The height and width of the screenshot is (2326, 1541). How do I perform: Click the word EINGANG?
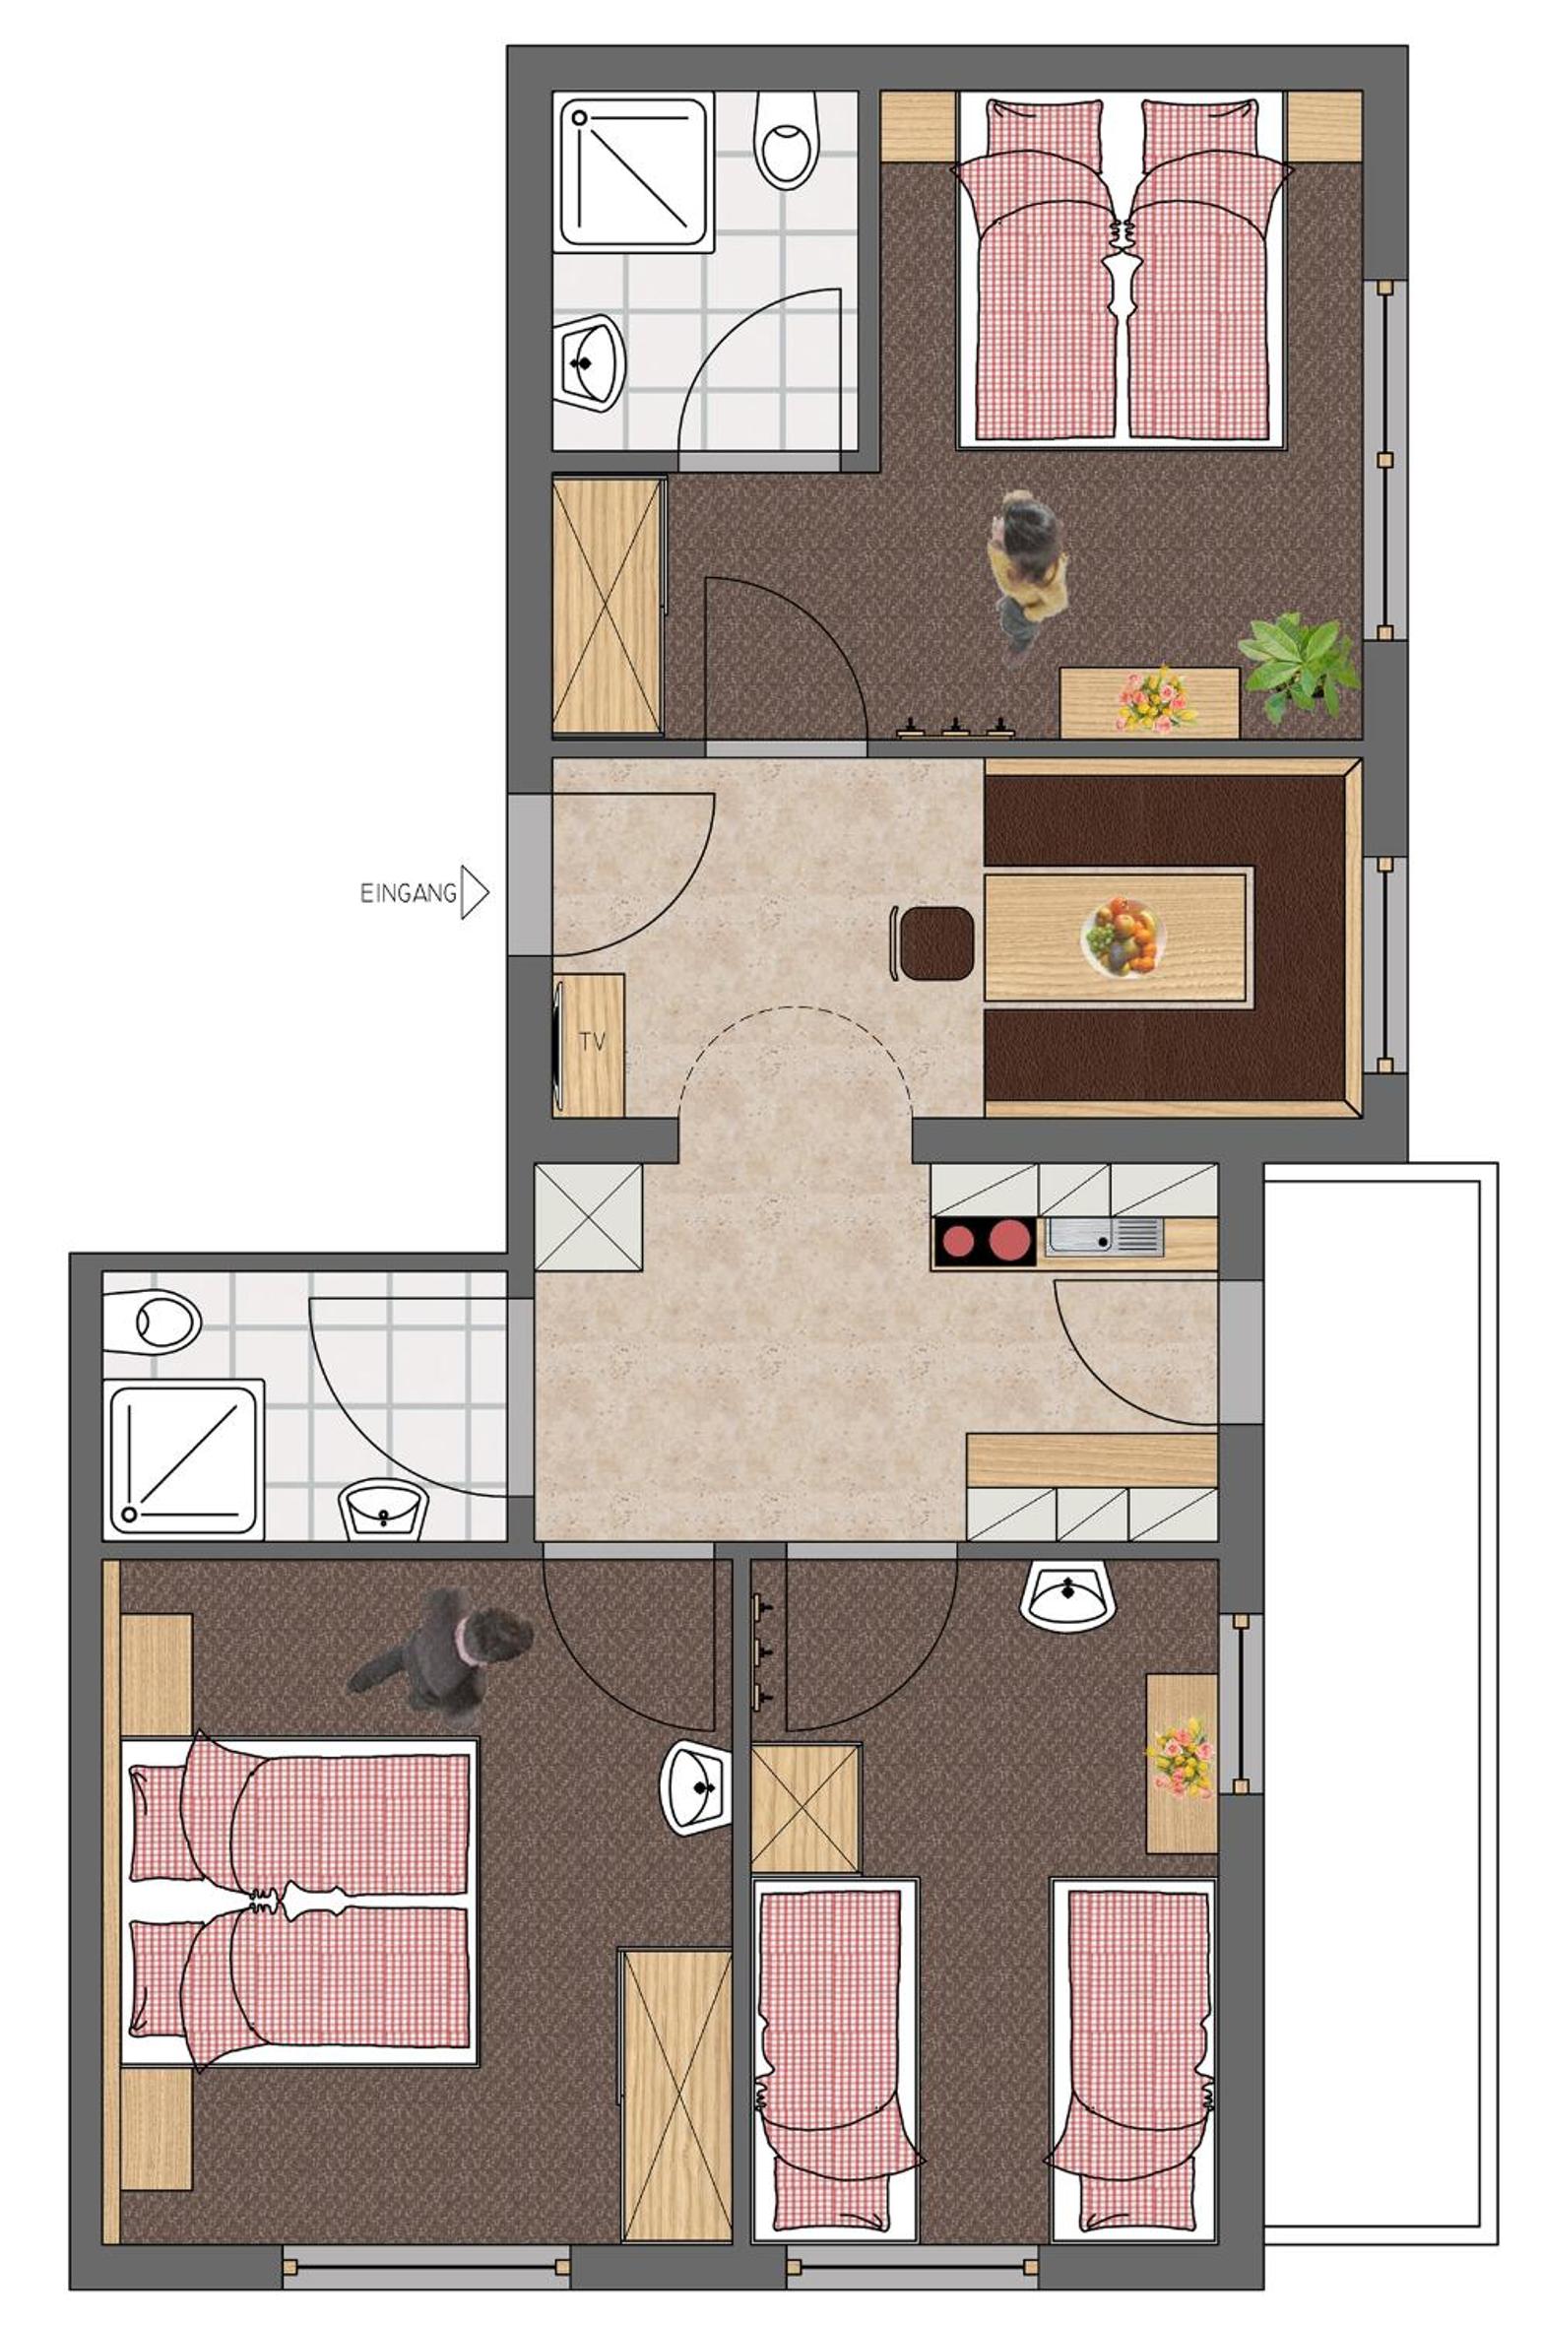pos(408,893)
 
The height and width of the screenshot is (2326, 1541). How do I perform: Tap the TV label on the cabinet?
pos(592,1041)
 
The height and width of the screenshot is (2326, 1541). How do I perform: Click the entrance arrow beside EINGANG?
pos(475,892)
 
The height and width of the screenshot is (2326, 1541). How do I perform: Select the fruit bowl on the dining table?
pos(1122,936)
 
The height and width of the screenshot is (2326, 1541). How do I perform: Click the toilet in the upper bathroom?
pos(785,140)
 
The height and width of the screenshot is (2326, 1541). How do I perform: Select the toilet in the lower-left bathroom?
pos(152,1322)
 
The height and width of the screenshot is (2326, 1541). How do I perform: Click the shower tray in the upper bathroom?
pos(636,172)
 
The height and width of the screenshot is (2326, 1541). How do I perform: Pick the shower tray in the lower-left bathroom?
pos(184,1458)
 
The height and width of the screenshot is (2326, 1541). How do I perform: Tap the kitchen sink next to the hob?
pos(1103,1236)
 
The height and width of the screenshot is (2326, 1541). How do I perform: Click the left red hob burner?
pos(957,1241)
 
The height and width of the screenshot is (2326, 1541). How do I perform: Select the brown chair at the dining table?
pos(934,943)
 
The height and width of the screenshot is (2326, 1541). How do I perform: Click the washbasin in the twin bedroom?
pos(1067,1595)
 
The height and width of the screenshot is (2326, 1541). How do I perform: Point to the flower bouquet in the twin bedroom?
pos(1180,1758)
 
